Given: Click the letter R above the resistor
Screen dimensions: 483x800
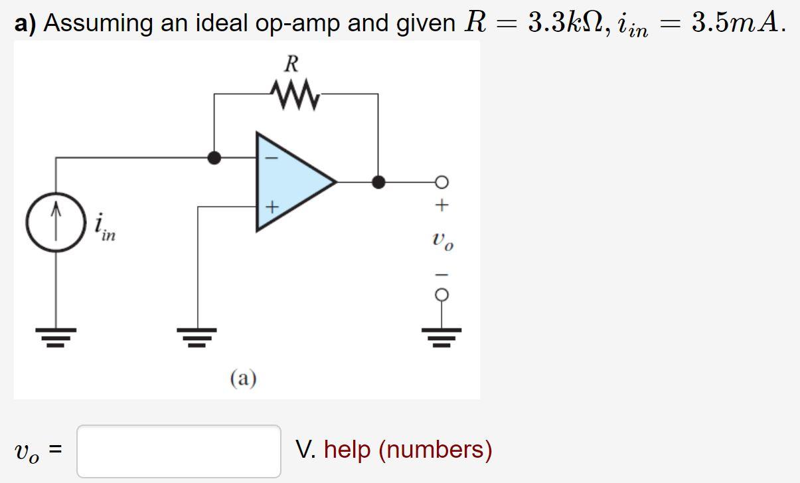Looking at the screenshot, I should tap(291, 64).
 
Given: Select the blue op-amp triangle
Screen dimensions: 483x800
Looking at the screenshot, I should tap(292, 181).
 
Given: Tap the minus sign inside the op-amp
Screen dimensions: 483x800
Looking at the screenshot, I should tap(270, 158).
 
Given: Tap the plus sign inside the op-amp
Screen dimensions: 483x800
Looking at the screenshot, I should tap(270, 207).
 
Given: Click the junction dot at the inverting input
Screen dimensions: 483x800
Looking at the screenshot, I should tap(214, 157).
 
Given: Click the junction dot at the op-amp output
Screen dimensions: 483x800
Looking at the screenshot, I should tap(378, 181).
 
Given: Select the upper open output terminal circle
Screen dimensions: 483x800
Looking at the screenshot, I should tap(442, 181).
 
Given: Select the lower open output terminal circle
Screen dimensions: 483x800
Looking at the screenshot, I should tap(442, 294).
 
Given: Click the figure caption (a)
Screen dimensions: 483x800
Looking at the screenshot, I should tap(243, 378).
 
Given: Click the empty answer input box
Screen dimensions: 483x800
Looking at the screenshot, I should tap(179, 450).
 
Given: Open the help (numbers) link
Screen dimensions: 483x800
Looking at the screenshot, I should tap(408, 450).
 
